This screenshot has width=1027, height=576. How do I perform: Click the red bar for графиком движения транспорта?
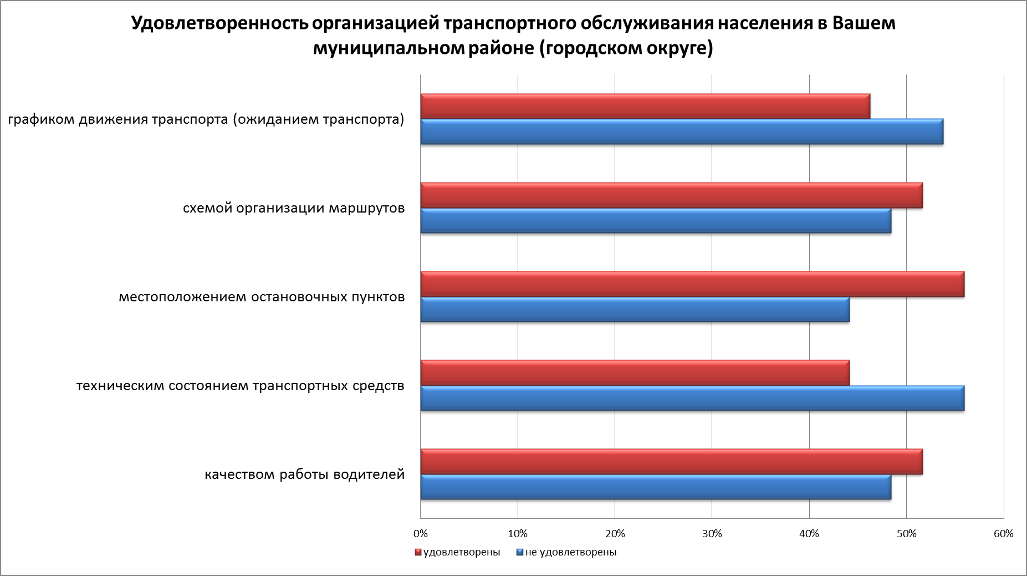click(x=645, y=106)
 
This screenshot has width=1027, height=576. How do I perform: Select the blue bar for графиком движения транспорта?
click(x=682, y=132)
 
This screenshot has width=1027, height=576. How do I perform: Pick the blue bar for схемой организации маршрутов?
click(x=656, y=221)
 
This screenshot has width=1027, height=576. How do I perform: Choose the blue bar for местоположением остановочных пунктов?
click(x=635, y=310)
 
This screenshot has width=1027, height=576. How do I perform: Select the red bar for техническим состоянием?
click(x=635, y=372)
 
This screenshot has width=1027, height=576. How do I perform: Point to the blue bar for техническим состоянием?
click(x=692, y=398)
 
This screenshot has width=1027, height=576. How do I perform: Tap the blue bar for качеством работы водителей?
click(x=656, y=487)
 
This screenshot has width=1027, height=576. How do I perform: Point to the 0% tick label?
click(x=421, y=534)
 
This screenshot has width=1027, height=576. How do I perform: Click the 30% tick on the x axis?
click(x=712, y=534)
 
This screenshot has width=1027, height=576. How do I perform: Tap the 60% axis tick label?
click(x=1004, y=534)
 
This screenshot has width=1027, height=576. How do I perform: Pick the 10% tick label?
click(x=518, y=534)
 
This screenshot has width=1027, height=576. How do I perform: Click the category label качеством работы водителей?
click(x=305, y=475)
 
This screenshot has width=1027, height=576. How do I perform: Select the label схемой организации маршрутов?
click(x=294, y=209)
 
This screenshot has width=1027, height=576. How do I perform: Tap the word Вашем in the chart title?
click(x=864, y=24)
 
